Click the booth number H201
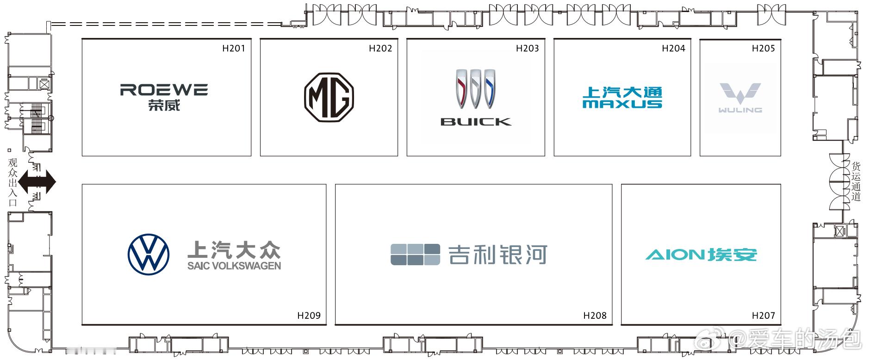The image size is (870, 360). [233, 48]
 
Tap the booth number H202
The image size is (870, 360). [380, 48]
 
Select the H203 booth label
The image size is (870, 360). [527, 48]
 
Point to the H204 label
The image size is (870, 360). [673, 48]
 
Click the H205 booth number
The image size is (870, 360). [763, 48]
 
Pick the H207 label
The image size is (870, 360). [763, 316]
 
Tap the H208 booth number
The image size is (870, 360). [595, 316]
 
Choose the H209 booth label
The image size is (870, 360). [309, 316]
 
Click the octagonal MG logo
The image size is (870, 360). [329, 97]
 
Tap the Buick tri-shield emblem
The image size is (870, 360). [475, 89]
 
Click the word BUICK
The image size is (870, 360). [476, 122]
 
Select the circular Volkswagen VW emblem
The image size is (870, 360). [149, 255]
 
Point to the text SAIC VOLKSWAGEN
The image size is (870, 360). [234, 266]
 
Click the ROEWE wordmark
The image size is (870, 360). [164, 90]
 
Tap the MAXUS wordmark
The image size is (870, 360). [622, 104]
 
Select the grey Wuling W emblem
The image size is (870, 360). [740, 93]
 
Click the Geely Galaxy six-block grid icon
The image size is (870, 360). [415, 254]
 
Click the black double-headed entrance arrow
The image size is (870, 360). [37, 182]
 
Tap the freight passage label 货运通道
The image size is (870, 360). [856, 181]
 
